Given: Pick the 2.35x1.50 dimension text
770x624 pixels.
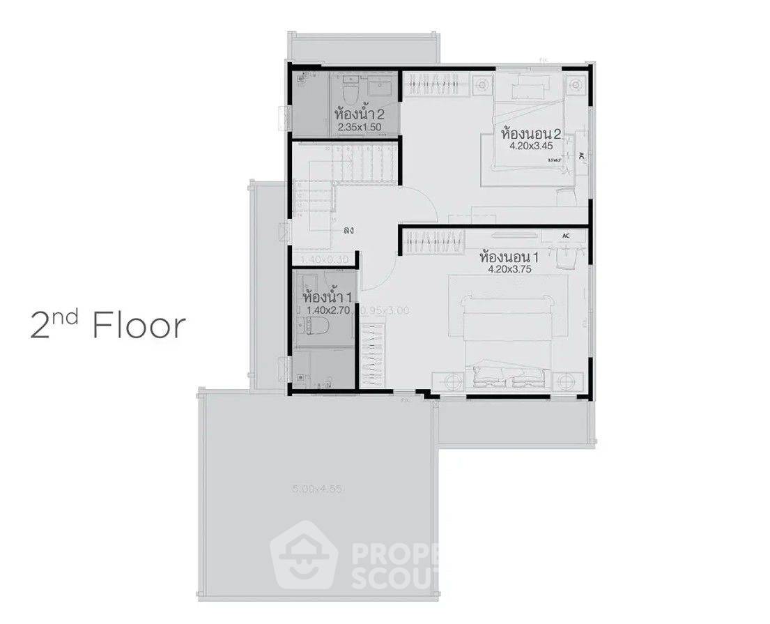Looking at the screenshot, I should (x=359, y=128).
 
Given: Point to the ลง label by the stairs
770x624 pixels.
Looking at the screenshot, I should (x=347, y=229).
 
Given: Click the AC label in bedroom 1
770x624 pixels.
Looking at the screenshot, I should (x=566, y=236).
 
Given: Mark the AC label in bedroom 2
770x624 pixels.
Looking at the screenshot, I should (x=580, y=157).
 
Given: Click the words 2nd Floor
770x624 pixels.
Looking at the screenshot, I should (x=108, y=326).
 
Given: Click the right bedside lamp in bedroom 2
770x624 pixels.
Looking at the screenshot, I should (x=575, y=86).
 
